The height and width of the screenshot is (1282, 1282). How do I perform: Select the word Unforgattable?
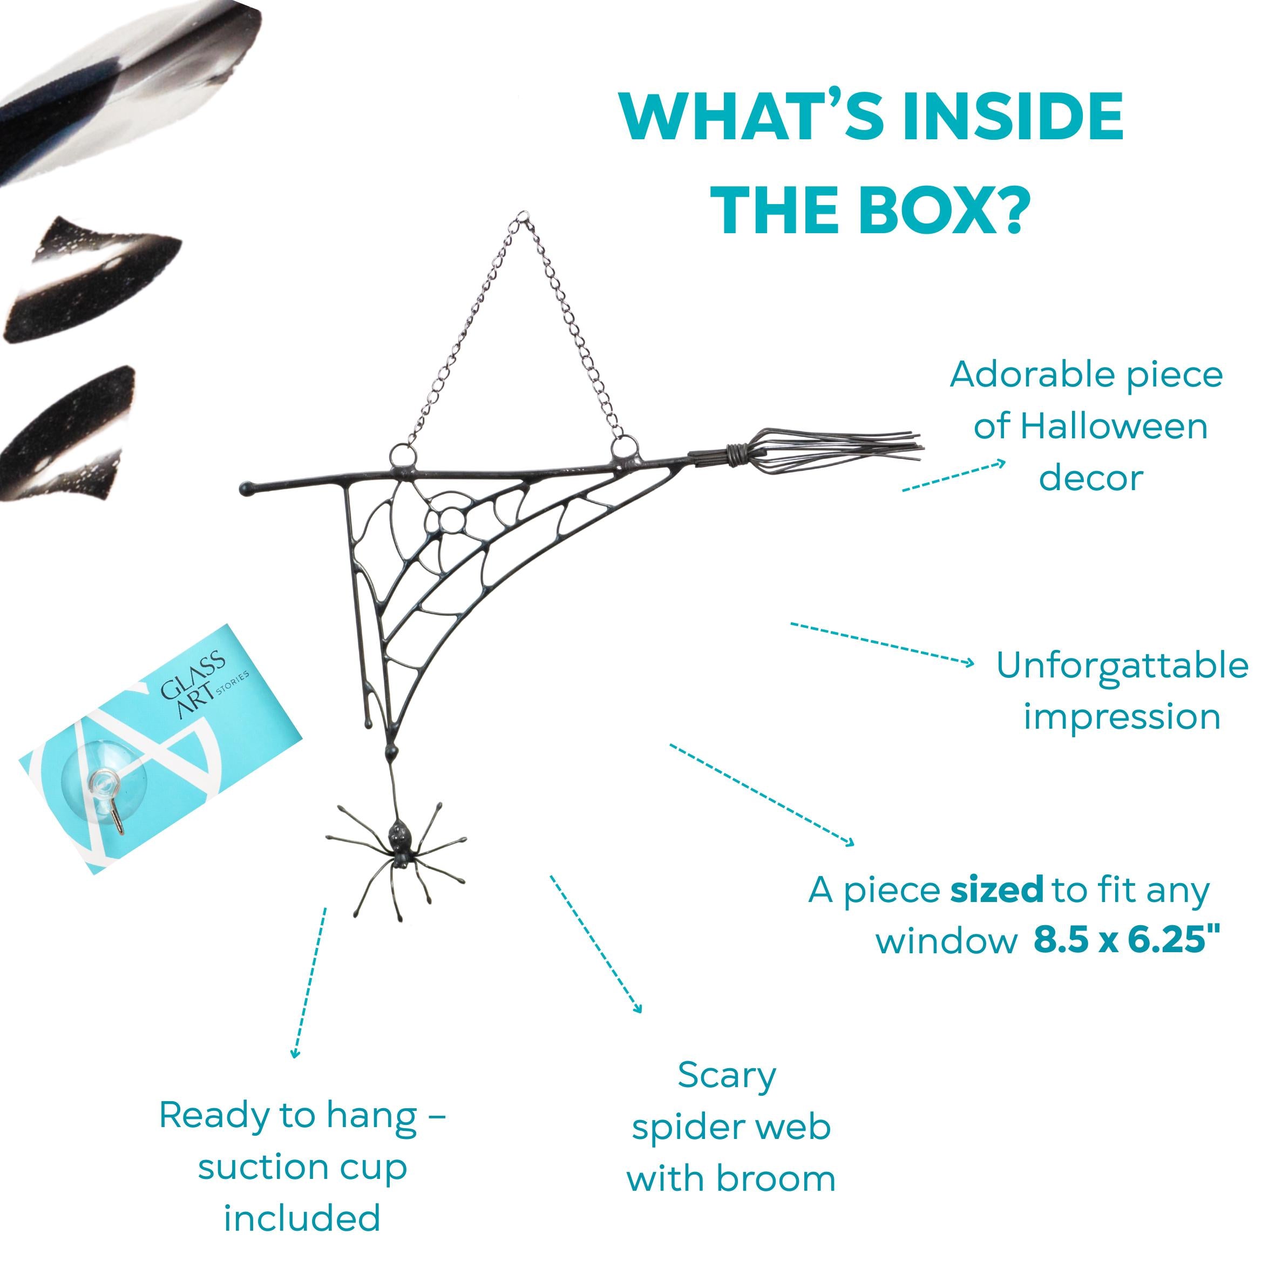(x=1122, y=666)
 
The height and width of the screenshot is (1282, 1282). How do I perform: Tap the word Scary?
(x=727, y=1076)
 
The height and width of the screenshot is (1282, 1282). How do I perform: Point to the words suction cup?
(x=303, y=1169)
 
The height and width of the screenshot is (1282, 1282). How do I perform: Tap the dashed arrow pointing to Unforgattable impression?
(x=882, y=643)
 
